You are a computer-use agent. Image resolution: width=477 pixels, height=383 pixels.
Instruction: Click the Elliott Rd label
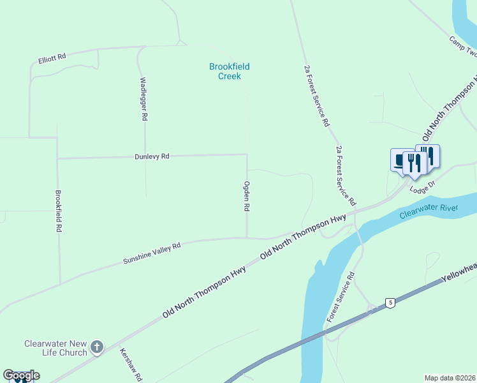(x=52, y=57)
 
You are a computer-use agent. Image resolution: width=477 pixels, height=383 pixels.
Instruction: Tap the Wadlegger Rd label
(x=143, y=99)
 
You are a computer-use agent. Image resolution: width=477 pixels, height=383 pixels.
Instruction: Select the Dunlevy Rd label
(x=152, y=156)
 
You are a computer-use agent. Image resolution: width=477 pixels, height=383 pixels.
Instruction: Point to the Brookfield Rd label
(x=58, y=211)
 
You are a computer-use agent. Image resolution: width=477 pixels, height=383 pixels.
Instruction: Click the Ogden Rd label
(x=246, y=197)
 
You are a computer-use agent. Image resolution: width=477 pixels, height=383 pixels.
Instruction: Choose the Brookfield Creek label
(x=230, y=71)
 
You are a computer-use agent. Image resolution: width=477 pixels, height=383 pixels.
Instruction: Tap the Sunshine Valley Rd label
(x=152, y=253)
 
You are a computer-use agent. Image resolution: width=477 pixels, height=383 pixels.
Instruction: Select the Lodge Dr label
(x=422, y=187)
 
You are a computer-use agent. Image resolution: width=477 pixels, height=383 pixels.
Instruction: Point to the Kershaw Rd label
(x=131, y=364)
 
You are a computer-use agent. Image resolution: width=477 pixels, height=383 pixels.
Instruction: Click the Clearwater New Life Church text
(x=55, y=348)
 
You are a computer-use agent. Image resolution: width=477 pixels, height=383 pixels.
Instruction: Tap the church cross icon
(x=96, y=347)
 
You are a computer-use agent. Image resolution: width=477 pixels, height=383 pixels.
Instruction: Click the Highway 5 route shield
(x=390, y=302)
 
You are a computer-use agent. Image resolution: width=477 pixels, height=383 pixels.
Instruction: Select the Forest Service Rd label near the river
(x=340, y=297)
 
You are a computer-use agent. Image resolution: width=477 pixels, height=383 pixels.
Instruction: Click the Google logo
(x=21, y=375)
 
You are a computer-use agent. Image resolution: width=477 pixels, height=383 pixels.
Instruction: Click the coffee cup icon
(x=400, y=160)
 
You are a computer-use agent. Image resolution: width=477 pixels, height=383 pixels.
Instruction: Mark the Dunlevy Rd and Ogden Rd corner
(x=247, y=154)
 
